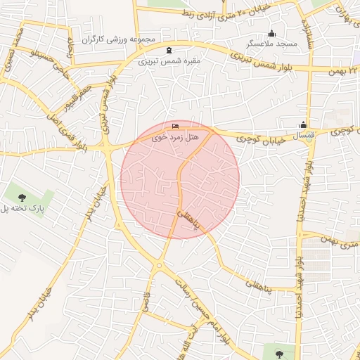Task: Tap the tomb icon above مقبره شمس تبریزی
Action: click(168, 51)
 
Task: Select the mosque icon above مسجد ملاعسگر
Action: click(272, 33)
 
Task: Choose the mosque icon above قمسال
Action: click(304, 125)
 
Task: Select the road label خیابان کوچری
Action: click(264, 138)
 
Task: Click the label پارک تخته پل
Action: click(22, 208)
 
